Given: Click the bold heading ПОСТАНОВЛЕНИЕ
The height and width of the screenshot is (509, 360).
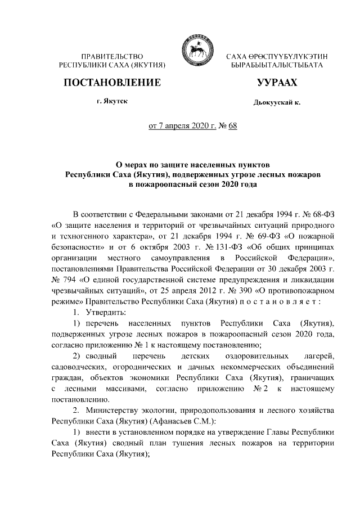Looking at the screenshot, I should tap(112, 83).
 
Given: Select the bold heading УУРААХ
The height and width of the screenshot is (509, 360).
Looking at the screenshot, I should tap(277, 83).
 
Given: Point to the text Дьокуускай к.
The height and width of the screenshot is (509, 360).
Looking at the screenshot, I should tap(277, 103).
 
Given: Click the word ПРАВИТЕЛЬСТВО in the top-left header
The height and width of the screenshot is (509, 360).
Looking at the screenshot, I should tap(112, 57).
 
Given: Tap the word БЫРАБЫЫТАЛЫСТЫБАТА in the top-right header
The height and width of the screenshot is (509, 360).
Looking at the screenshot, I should tap(277, 66).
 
